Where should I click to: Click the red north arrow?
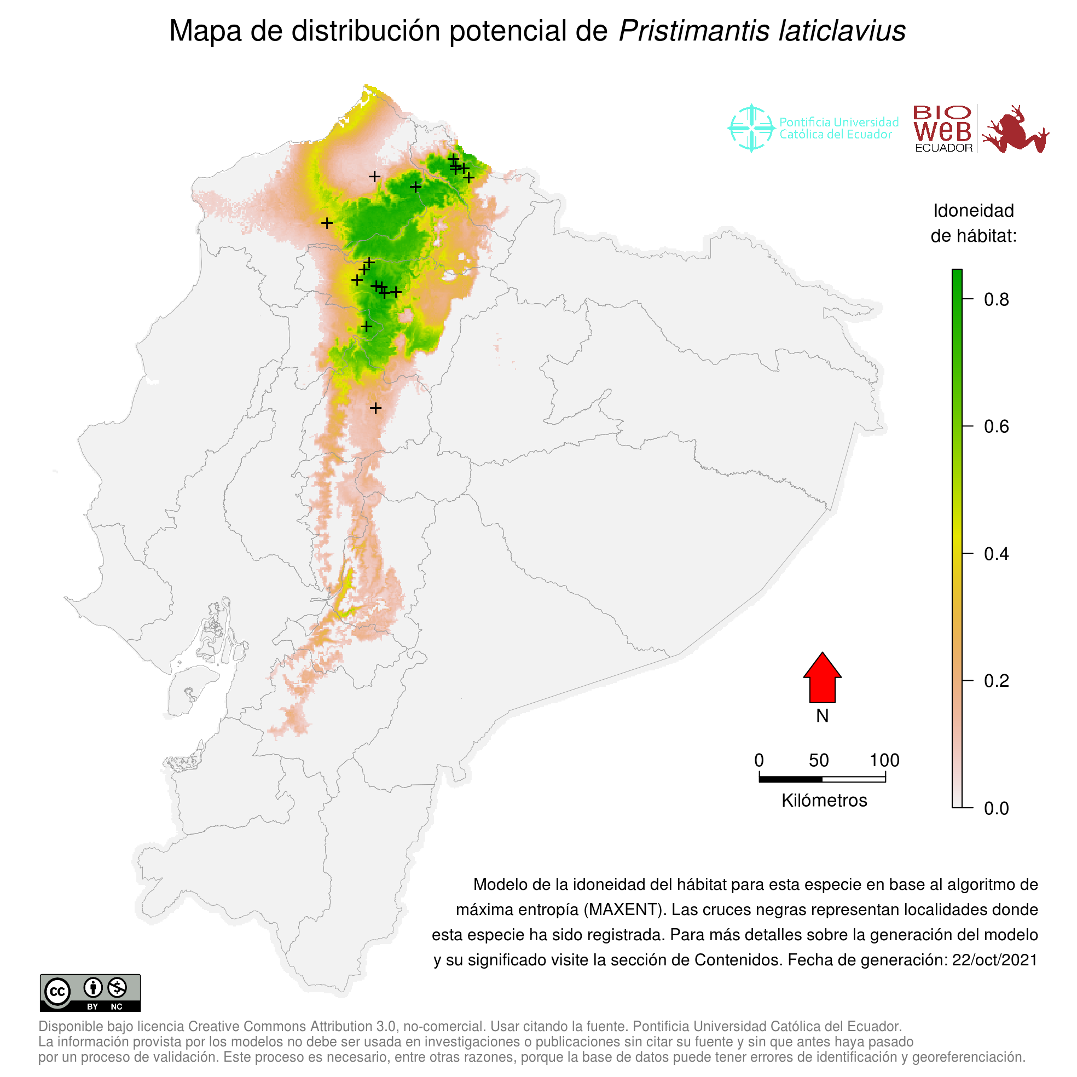[x=822, y=679]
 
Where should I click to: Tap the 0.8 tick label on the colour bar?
[x=996, y=300]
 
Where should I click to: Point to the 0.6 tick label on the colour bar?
[x=996, y=427]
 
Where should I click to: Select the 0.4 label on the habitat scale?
[x=996, y=554]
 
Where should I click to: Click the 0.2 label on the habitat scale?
[x=996, y=681]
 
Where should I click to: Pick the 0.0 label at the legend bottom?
[x=996, y=808]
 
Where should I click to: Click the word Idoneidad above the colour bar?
[x=974, y=211]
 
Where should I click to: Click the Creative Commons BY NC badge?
[x=90, y=993]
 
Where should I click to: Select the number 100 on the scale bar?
[x=885, y=760]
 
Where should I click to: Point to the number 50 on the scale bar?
[x=819, y=760]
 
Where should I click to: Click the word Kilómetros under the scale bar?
[x=824, y=801]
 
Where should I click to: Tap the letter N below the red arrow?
[x=822, y=716]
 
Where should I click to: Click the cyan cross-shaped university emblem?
[x=751, y=128]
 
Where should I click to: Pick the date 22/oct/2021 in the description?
[x=994, y=960]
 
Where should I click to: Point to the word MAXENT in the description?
[x=624, y=910]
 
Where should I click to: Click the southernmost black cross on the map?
[x=376, y=408]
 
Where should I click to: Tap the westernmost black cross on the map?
[x=327, y=223]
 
